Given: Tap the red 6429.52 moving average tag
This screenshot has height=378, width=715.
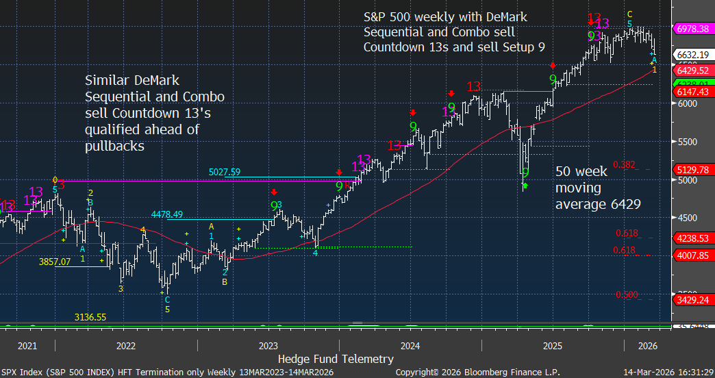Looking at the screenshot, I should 691,71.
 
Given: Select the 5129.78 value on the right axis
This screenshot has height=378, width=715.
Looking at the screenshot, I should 691,170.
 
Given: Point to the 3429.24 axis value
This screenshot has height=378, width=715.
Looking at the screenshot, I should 691,300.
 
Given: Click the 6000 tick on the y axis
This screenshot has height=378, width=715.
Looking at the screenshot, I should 687,103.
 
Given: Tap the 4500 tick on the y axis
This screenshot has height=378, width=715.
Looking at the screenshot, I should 687,218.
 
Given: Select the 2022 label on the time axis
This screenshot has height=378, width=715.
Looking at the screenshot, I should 126,346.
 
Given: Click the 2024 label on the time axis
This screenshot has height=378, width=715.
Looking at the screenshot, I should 410,346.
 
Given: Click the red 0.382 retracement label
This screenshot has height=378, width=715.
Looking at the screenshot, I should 624,164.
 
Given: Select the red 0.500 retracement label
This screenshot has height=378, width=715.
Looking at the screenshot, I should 627,294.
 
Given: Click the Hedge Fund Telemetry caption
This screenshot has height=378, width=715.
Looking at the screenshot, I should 336,359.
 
